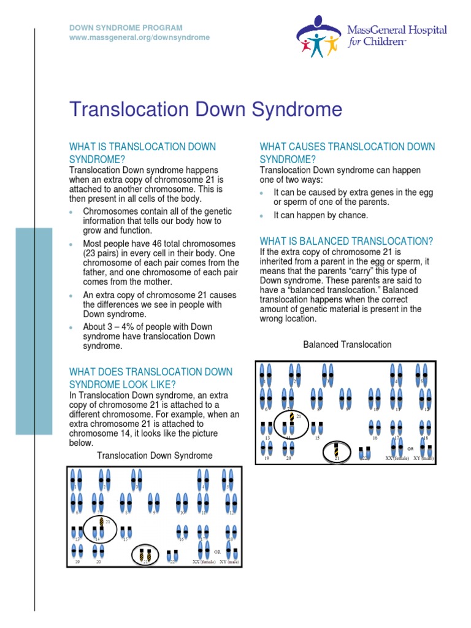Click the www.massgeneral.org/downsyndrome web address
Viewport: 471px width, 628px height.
139,37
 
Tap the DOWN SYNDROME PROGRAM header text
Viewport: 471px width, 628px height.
125,28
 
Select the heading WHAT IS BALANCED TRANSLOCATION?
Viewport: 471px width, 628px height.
347,240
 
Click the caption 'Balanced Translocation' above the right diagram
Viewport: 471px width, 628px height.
347,345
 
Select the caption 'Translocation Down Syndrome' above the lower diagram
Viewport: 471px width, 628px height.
155,455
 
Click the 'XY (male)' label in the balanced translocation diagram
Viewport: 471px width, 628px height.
423,458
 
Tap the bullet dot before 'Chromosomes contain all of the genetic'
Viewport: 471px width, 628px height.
72,212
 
